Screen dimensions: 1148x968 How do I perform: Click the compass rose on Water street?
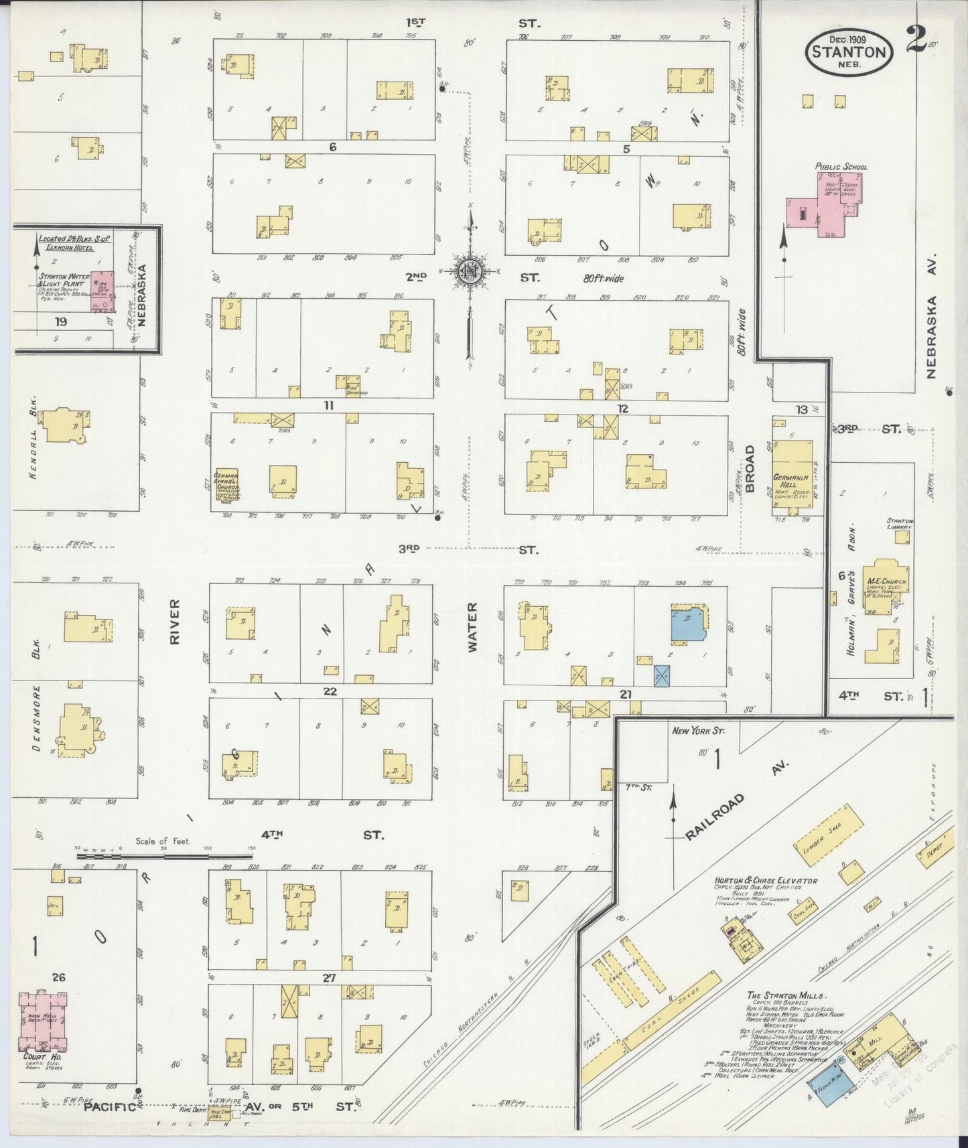click(471, 271)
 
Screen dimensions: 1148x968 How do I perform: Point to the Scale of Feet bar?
click(166, 855)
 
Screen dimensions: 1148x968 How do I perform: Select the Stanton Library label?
click(900, 523)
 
